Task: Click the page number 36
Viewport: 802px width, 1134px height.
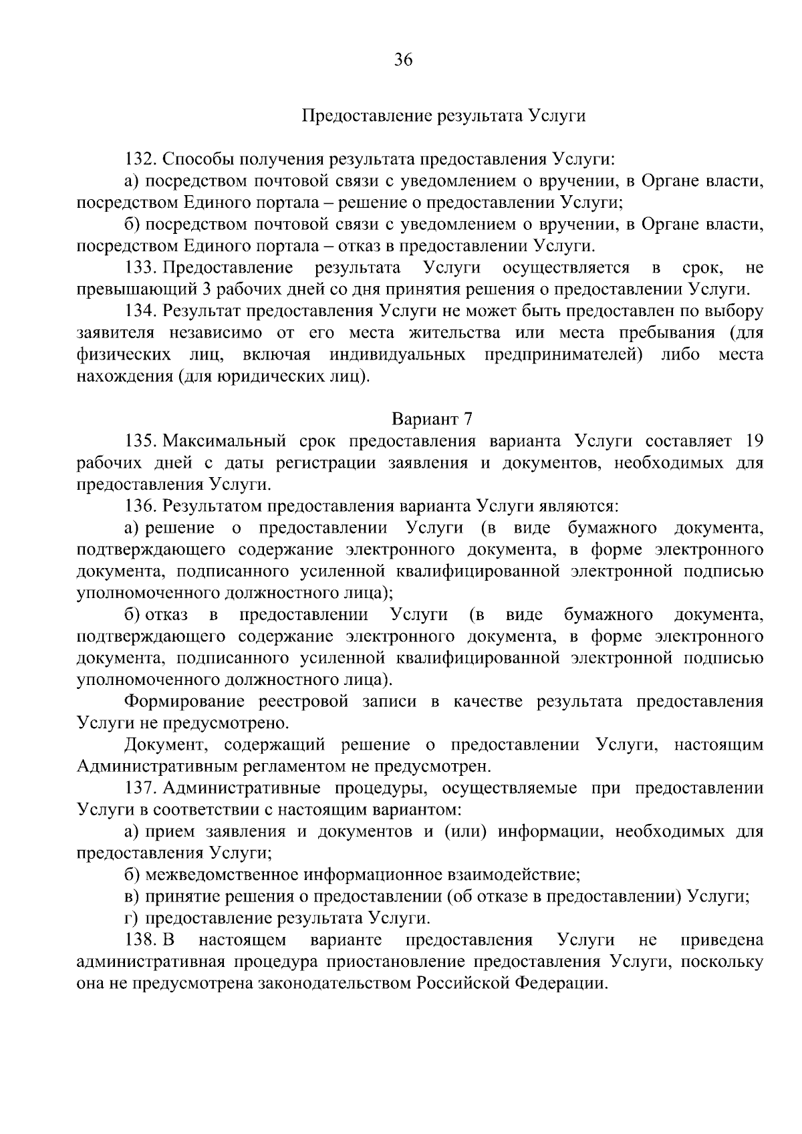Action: coord(404,61)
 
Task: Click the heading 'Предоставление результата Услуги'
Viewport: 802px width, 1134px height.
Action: coord(444,116)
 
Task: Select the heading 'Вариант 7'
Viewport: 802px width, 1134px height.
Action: coord(432,419)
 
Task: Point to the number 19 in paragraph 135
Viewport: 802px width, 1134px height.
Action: coord(753,441)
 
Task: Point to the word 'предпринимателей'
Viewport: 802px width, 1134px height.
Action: coord(563,354)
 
